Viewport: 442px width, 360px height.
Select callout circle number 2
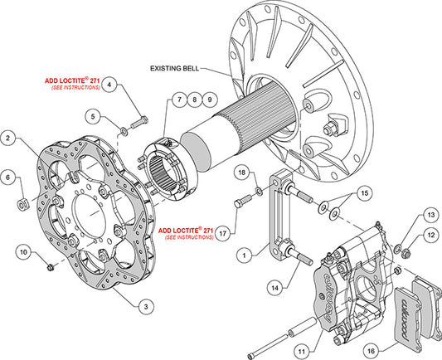9,139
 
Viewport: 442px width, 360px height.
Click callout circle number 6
9,178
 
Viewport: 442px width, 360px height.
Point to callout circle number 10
23,251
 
